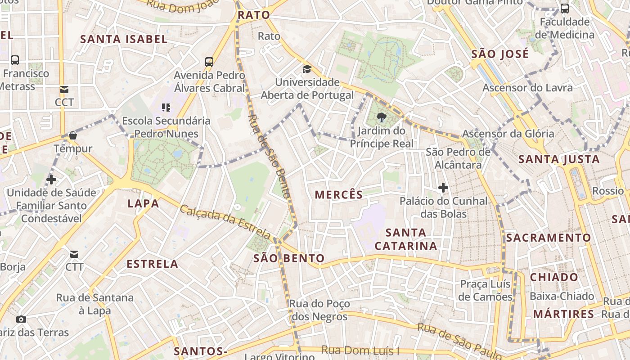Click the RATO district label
254,15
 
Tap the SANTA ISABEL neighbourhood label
124,39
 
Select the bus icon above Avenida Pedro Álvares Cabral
209,62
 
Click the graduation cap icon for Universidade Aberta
307,69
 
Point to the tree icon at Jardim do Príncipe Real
382,118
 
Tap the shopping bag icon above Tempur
73,135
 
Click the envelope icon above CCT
64,90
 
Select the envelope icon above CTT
74,254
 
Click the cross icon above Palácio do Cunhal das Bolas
443,188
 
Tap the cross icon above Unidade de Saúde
51,180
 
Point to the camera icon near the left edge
21,319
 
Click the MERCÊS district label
338,194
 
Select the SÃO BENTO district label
289,258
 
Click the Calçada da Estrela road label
225,222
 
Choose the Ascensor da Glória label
508,134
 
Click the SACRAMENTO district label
549,238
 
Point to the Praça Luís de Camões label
485,290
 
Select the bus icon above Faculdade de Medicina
564,9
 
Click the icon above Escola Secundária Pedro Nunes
166,108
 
